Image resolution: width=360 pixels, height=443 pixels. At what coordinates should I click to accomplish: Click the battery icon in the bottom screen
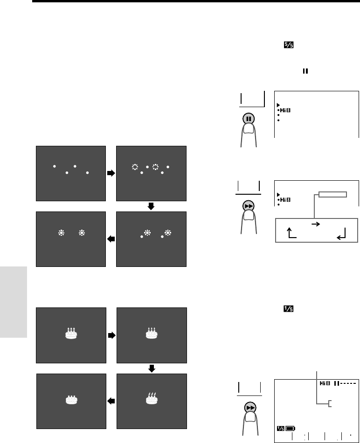click(291, 427)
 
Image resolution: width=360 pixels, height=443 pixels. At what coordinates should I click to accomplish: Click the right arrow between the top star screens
click(111, 173)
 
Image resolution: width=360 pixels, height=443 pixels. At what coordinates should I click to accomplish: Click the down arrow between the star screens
click(151, 206)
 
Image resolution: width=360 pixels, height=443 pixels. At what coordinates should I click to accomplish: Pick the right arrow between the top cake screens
click(111, 335)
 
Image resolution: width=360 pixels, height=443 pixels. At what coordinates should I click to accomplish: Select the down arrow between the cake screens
click(151, 368)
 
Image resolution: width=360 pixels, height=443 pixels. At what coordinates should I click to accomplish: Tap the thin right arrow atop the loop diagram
click(315, 224)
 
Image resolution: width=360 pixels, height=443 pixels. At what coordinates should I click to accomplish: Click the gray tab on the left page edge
click(14, 303)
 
